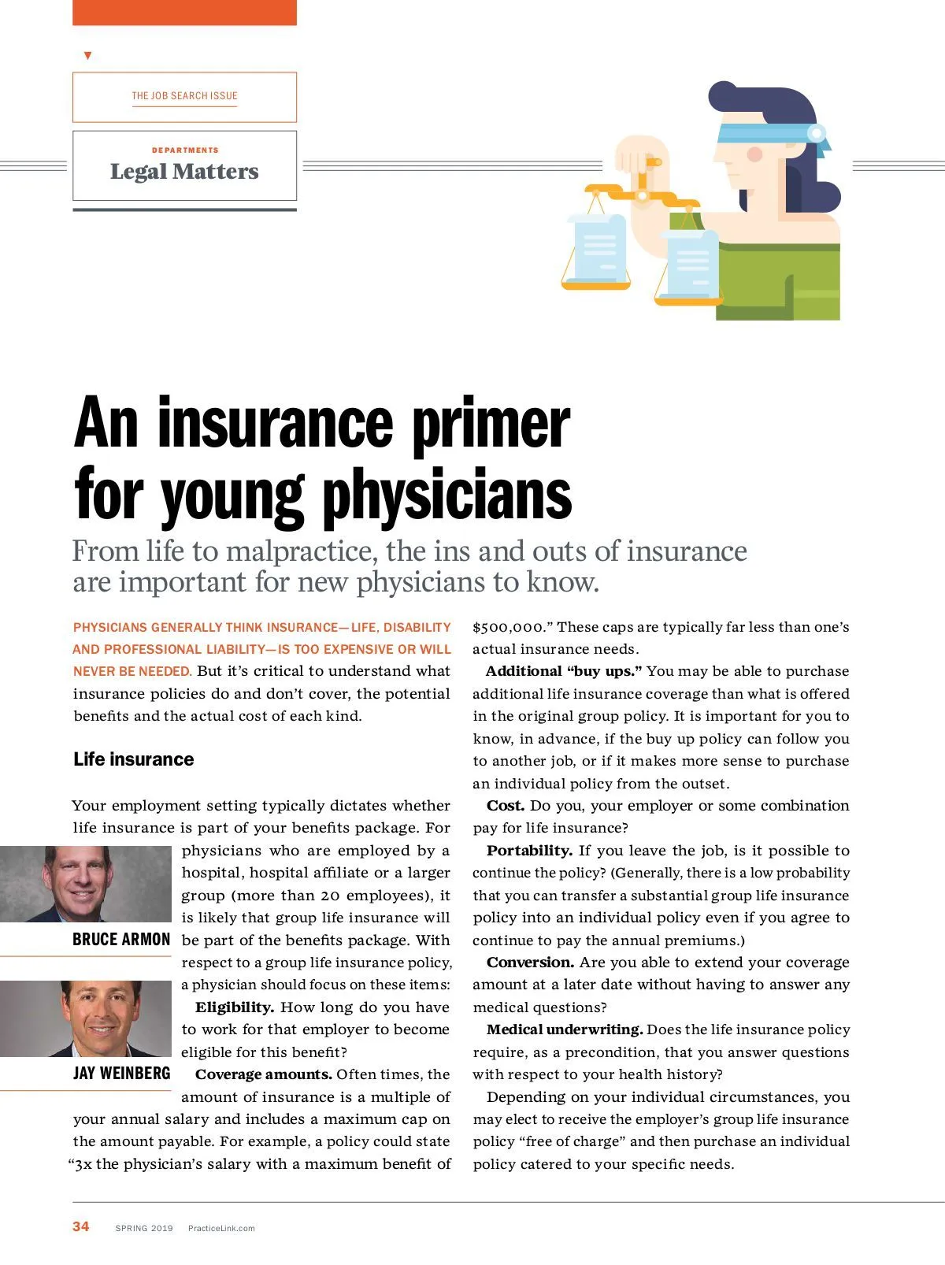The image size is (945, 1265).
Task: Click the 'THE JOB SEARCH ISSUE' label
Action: pos(184,96)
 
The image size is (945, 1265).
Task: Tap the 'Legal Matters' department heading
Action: pos(184,171)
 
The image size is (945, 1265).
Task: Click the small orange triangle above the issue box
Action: pos(87,56)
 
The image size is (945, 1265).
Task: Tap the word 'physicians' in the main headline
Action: pos(447,495)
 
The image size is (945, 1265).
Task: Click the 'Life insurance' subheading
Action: pos(133,759)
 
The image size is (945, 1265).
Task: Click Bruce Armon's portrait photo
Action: pos(85,883)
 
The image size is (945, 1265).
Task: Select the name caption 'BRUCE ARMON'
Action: pos(121,940)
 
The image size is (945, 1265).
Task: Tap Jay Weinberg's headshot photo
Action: pos(85,1018)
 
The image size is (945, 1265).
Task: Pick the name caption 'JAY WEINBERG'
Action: pos(121,1074)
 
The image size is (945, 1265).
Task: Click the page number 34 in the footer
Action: pos(80,1226)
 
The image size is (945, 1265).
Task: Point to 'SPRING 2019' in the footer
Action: pos(144,1228)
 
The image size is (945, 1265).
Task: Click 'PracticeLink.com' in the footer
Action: pos(221,1228)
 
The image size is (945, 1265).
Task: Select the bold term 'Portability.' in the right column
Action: pos(529,851)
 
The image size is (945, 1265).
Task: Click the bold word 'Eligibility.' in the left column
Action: pos(235,1007)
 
